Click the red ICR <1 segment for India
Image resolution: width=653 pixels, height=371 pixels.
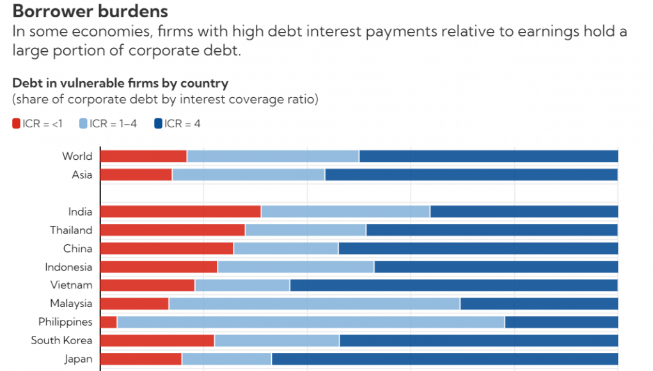180,212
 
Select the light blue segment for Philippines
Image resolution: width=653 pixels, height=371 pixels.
310,322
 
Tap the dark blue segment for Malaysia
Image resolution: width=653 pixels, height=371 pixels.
539,303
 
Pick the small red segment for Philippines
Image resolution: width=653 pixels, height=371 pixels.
109,322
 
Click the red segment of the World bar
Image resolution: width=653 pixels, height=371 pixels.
143,156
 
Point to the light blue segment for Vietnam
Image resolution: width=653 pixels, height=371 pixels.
242,285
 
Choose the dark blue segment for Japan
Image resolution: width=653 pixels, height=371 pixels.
445,359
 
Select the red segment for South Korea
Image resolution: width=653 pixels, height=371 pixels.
157,340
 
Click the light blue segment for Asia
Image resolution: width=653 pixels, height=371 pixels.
248,175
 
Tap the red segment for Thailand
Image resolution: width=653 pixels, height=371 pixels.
173,230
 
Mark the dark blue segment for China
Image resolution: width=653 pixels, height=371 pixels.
478,249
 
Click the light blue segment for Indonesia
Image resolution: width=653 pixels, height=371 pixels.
295,267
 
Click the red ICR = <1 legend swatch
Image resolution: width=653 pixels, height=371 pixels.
17,123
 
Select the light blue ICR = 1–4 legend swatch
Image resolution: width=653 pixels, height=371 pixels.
84,123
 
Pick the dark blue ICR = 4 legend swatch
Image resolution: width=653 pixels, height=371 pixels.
158,123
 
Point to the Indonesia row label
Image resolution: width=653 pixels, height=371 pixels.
68,267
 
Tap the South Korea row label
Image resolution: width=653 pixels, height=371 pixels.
61,340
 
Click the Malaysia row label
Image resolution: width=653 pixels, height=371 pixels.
71,303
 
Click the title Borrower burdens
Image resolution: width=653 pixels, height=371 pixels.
90,11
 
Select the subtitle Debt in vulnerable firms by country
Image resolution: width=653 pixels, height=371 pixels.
120,83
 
